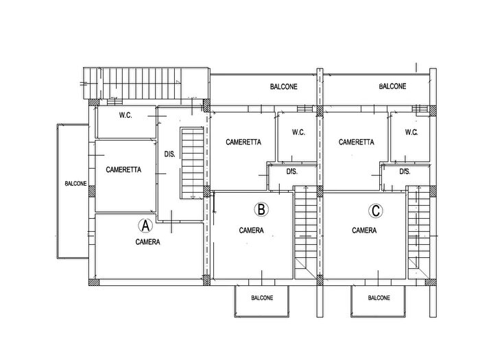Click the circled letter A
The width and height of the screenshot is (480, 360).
tap(145, 226)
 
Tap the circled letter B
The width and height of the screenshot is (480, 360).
tap(261, 210)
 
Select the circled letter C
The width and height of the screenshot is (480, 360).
tap(376, 211)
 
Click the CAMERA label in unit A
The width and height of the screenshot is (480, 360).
tap(148, 242)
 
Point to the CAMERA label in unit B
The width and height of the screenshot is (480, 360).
tap(252, 230)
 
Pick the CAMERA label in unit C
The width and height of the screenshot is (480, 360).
tap(364, 230)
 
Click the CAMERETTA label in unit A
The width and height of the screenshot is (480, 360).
tap(123, 169)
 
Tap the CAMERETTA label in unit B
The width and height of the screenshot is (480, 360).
tap(243, 142)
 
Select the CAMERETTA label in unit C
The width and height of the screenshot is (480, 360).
tap(357, 142)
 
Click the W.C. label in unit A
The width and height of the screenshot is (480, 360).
tap(125, 115)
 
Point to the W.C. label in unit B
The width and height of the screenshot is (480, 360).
tap(298, 132)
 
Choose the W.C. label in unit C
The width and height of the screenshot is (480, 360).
tap(411, 132)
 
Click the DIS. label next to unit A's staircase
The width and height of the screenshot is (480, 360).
tap(170, 154)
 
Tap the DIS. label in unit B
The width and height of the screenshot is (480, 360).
tap(292, 171)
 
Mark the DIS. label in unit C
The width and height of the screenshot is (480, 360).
tap(405, 171)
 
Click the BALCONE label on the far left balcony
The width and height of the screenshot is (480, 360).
tap(75, 184)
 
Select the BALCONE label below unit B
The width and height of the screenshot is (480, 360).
tap(262, 298)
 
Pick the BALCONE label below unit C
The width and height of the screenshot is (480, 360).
tap(379, 298)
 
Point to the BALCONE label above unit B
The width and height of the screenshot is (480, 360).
tap(284, 86)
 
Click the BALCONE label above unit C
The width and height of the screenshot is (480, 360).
tap(393, 86)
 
